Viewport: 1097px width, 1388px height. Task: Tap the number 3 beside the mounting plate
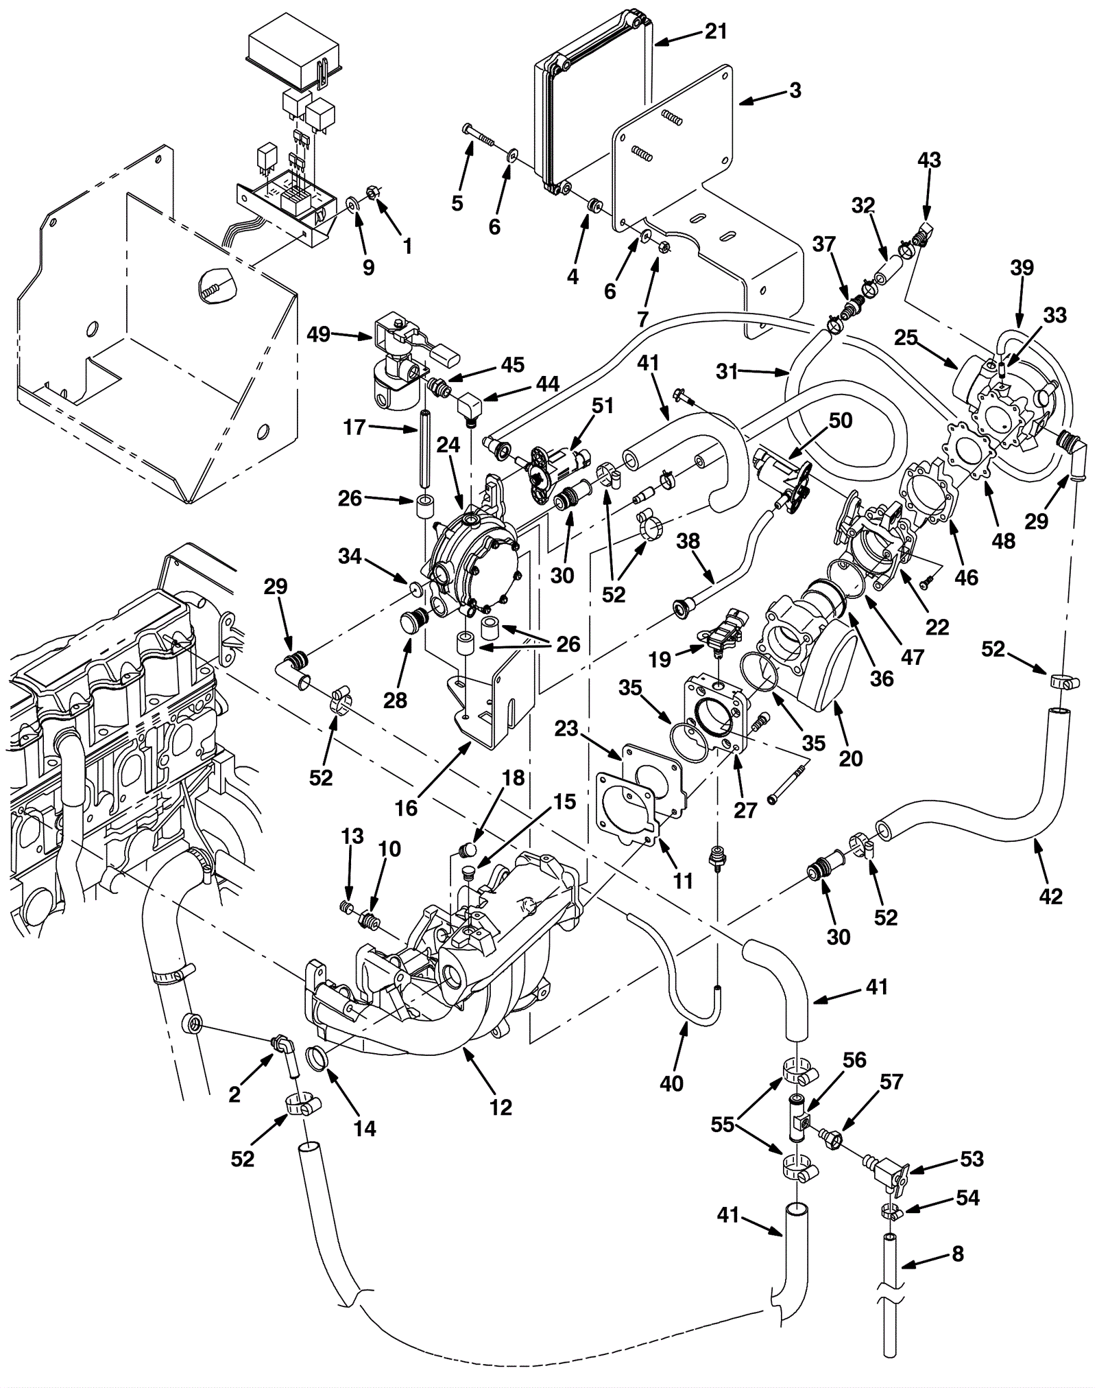[x=795, y=91]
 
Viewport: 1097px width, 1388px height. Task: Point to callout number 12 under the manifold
[x=501, y=1107]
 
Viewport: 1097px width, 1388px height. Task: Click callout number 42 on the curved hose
[x=1050, y=895]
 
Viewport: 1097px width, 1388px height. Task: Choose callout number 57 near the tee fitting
[x=891, y=1081]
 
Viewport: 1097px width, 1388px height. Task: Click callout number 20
[x=850, y=758]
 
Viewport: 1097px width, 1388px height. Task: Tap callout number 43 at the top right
[x=929, y=160]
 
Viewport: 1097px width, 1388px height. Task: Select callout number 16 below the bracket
[x=406, y=808]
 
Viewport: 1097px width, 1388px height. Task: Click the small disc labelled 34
[x=414, y=587]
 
